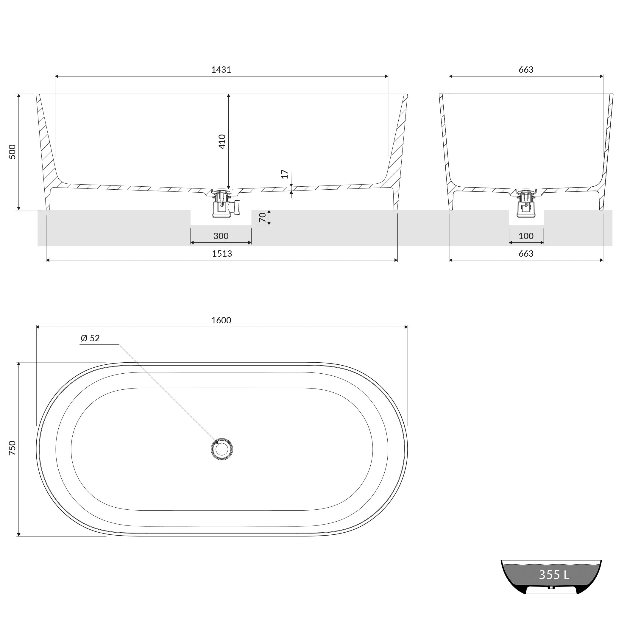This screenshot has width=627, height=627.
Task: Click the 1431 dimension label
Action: (221, 69)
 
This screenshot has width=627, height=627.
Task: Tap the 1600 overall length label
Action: (221, 320)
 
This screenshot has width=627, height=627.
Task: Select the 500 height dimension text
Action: (12, 152)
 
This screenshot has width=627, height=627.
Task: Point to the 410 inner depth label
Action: (222, 141)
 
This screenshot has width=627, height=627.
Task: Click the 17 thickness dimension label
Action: (285, 174)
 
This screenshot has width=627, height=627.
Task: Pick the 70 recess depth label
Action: (263, 217)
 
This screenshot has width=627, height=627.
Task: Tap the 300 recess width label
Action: (221, 236)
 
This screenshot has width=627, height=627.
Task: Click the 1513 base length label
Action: (222, 253)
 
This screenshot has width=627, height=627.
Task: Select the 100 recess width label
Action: (526, 236)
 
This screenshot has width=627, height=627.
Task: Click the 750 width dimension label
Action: (12, 448)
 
